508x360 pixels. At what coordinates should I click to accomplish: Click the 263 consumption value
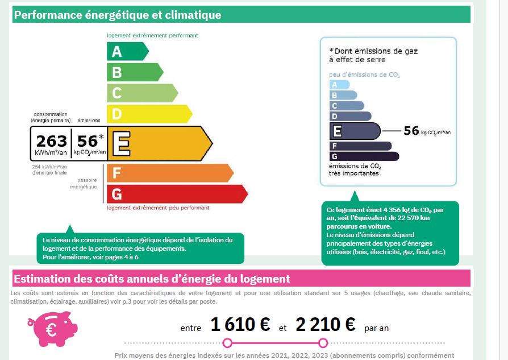pyautogui.click(x=51, y=141)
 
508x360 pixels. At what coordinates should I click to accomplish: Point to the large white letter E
pyautogui.click(x=120, y=143)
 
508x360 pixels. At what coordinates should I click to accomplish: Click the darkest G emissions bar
pyautogui.click(x=364, y=156)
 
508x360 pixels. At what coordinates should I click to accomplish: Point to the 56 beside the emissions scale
pyautogui.click(x=411, y=131)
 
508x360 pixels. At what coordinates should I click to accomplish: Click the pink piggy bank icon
pyautogui.click(x=52, y=329)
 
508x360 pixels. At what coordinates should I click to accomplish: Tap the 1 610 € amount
pyautogui.click(x=240, y=325)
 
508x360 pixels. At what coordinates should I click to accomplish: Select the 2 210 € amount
pyautogui.click(x=325, y=325)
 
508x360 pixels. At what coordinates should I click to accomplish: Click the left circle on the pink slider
pyautogui.click(x=227, y=342)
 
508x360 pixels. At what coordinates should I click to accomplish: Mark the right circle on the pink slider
pyautogui.click(x=323, y=342)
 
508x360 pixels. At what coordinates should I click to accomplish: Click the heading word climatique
pyautogui.click(x=191, y=15)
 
